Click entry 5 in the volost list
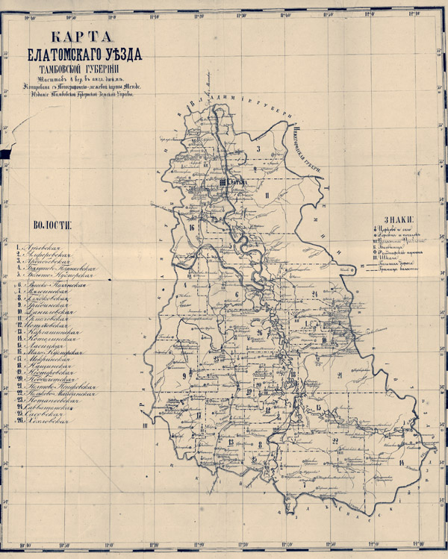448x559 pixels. pyautogui.click(x=54, y=275)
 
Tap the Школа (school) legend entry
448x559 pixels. pyautogui.click(x=393, y=260)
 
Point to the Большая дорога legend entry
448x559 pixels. pyautogui.click(x=396, y=266)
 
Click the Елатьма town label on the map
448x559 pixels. pyautogui.click(x=237, y=182)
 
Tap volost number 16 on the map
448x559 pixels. pyautogui.click(x=192, y=226)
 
